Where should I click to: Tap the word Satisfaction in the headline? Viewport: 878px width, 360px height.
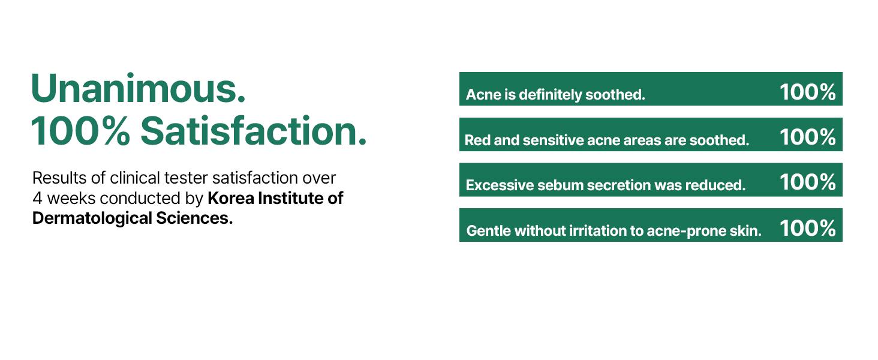(x=253, y=131)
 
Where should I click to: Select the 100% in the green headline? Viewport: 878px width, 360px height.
(x=80, y=131)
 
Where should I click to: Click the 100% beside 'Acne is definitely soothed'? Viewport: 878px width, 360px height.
(x=807, y=92)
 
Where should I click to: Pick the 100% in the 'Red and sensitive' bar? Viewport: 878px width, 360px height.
(x=807, y=137)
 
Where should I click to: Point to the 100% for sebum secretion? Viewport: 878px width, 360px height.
(x=807, y=182)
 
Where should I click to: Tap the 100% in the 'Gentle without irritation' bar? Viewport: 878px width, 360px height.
(x=807, y=228)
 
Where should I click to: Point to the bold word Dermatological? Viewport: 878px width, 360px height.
(x=92, y=218)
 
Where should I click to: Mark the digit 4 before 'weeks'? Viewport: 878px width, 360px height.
(x=37, y=198)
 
